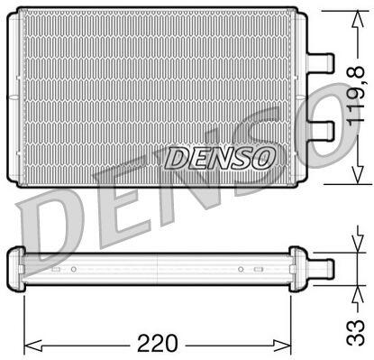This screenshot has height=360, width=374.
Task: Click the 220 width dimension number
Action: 157,343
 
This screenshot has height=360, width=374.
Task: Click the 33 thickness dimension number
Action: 356,333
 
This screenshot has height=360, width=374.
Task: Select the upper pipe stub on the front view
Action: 321,63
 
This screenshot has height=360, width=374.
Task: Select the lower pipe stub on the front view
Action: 321,131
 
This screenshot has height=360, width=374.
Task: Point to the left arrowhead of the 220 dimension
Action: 32,344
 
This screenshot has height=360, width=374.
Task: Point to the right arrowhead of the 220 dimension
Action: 282,344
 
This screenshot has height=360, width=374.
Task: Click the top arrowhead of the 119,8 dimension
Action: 357,19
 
